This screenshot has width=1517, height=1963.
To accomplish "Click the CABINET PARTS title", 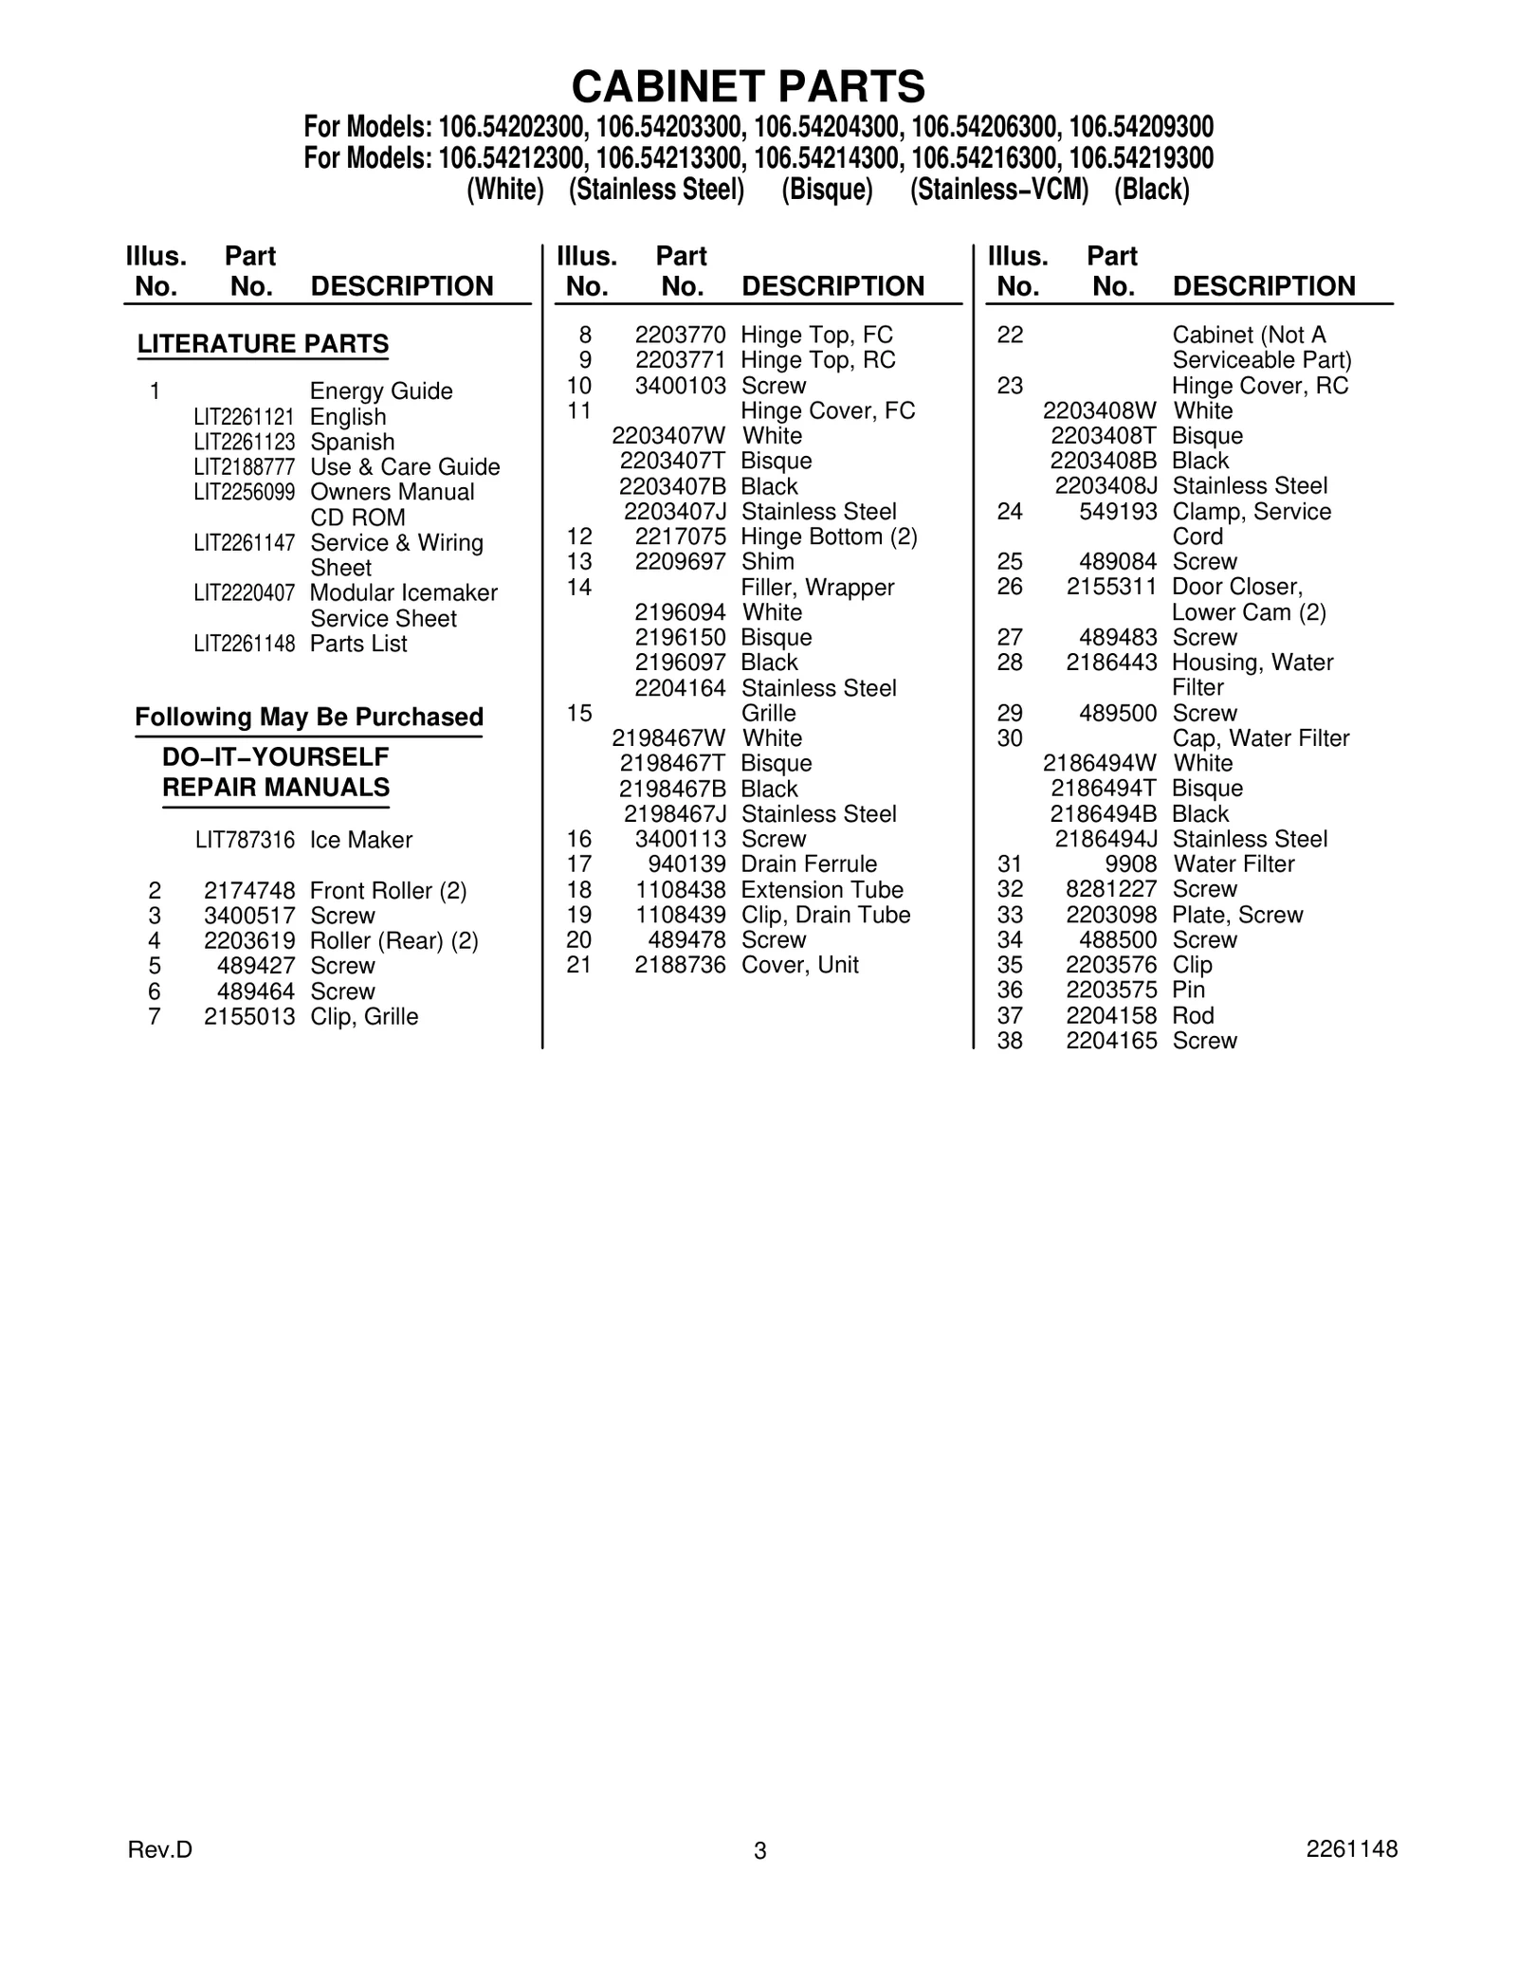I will (748, 87).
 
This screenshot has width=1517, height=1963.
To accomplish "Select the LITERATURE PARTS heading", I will (263, 344).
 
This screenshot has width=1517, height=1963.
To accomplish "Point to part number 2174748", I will (249, 891).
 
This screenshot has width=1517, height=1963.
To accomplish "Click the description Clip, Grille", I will (364, 1017).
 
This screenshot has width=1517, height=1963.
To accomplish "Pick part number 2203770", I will (680, 335).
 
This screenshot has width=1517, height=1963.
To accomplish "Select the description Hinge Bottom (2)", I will (829, 536).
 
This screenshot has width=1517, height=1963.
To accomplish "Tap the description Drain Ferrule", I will (809, 864).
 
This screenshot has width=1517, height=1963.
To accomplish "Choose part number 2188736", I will (680, 965).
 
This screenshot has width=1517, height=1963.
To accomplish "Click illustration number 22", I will (1010, 335).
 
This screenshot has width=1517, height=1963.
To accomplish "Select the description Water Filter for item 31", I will (1234, 864).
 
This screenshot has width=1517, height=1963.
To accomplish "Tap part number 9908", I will (1133, 864).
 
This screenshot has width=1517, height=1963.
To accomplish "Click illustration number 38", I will (1010, 1041).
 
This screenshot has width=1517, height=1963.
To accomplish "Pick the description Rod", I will (1193, 1016).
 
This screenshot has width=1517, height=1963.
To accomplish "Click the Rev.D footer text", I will (159, 1849).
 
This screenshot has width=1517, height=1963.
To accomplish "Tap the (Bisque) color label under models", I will (827, 190).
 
